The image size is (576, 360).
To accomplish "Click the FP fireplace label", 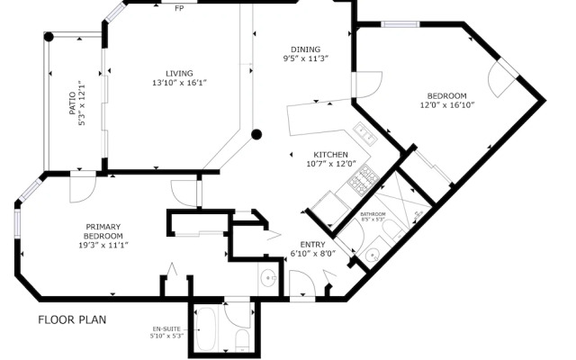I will (179, 8).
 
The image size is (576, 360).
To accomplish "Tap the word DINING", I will (305, 49).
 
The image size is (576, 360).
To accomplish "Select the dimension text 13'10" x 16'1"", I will (179, 83).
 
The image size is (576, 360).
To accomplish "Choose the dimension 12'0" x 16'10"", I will (445, 105).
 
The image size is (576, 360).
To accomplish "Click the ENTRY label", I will (312, 244).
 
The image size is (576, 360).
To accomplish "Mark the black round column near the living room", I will (256, 135).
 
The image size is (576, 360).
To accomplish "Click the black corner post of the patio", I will (49, 37).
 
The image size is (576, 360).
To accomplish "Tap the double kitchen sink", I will (365, 135).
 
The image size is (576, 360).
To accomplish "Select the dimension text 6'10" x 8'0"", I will (312, 254).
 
